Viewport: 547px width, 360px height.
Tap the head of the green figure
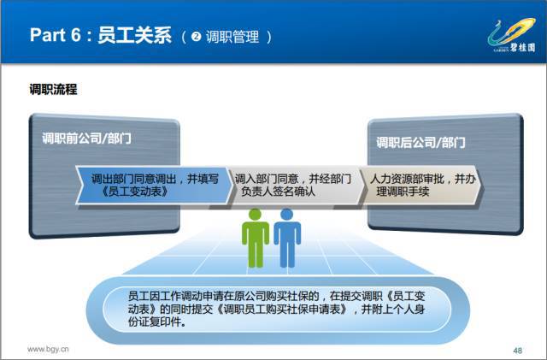point(256,215)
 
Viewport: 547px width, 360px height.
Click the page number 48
point(518,351)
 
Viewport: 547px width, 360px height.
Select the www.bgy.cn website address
point(48,349)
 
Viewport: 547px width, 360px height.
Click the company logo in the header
point(512,35)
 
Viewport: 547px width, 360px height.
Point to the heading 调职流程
point(53,90)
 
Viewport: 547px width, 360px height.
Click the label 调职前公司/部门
point(86,139)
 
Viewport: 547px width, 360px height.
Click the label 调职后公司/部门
point(421,143)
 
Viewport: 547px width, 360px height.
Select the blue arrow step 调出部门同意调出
point(154,186)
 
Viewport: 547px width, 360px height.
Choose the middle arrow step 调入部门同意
point(295,186)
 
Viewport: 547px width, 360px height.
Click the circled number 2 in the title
point(196,36)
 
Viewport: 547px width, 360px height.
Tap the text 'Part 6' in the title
point(55,35)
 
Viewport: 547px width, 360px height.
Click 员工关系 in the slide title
point(135,35)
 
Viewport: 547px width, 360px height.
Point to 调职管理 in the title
point(232,37)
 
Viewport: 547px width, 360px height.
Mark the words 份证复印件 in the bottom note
point(156,322)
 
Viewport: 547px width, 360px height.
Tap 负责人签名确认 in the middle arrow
point(278,192)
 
